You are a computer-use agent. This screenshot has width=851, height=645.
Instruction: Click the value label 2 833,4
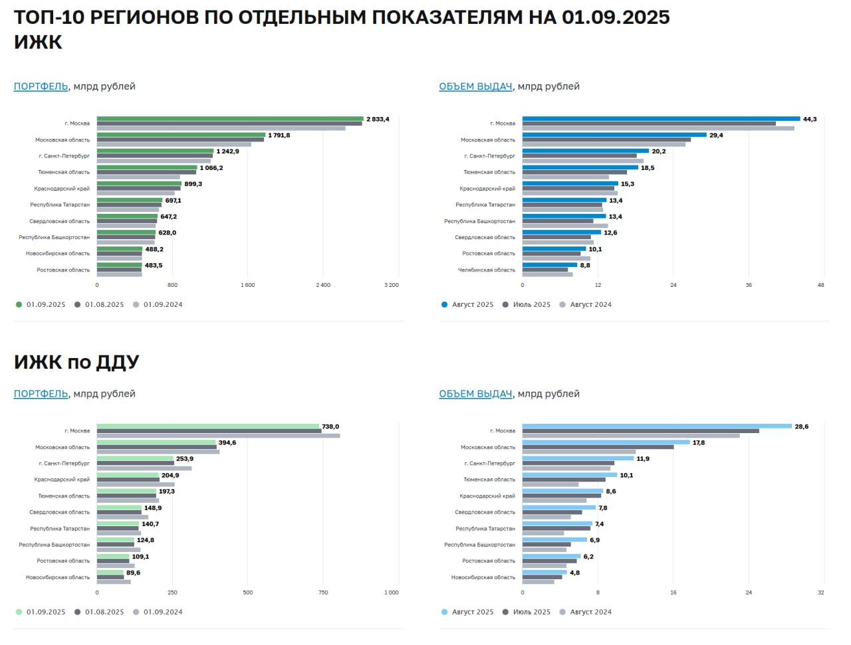tap(378, 120)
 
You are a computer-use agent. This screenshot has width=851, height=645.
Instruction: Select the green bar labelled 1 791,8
tap(181, 135)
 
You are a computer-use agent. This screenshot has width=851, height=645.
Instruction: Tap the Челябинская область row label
tap(486, 270)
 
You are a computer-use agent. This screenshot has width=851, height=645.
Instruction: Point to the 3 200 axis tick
tap(391, 285)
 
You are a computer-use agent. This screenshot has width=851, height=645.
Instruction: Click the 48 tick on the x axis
tap(820, 285)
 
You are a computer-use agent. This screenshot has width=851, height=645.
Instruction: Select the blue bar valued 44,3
tap(661, 119)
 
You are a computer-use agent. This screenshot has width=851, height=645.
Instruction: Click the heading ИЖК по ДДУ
tap(76, 362)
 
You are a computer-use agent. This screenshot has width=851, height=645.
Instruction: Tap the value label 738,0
tap(330, 427)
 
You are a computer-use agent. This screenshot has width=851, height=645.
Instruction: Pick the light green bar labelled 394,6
tap(156, 442)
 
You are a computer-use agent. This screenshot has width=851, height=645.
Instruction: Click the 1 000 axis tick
tap(391, 593)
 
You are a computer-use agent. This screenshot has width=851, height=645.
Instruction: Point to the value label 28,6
tap(801, 427)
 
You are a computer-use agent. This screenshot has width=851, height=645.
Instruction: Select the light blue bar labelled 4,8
tap(545, 572)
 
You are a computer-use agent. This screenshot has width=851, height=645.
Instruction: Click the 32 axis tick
tap(820, 593)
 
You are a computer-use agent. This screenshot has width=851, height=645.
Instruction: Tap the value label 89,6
tap(133, 573)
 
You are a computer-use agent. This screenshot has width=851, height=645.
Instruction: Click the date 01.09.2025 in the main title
tap(616, 17)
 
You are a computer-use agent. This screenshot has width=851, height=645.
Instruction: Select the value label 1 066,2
tap(211, 168)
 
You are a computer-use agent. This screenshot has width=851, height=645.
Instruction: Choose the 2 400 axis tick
tap(323, 285)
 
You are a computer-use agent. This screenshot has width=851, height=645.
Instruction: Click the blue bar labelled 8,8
tap(550, 264)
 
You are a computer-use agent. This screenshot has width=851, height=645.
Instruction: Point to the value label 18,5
tap(648, 168)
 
